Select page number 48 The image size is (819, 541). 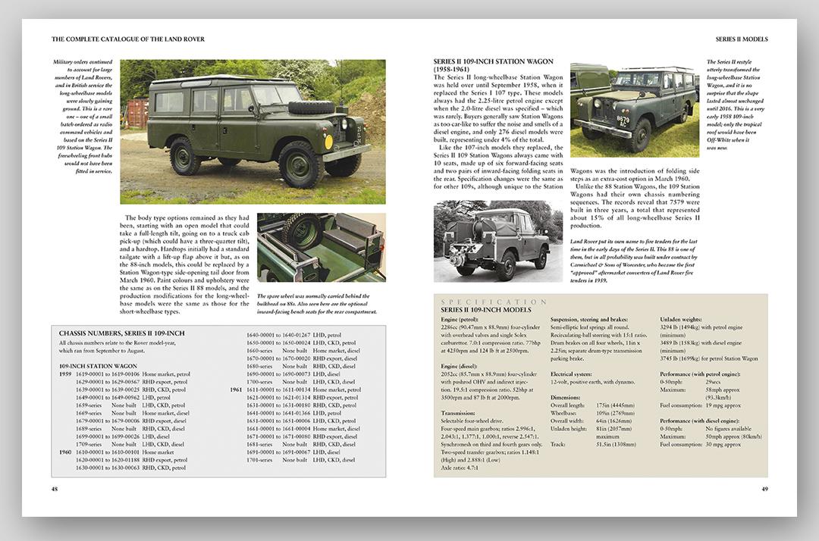tap(55, 489)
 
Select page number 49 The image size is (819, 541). tap(764, 489)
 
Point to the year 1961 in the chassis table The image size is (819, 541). tap(236, 389)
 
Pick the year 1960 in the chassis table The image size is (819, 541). tap(65, 452)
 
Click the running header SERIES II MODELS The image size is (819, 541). tap(742, 39)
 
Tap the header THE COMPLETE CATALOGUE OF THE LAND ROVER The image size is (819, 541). tap(128, 39)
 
